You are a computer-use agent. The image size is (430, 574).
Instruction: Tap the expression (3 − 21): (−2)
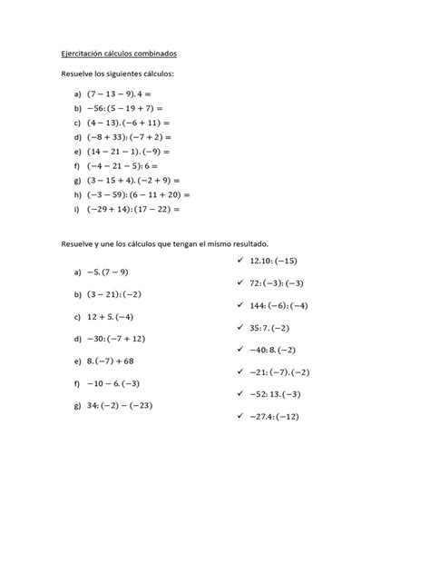pos(116,294)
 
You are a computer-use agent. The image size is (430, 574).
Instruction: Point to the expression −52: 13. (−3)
pos(280,394)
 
